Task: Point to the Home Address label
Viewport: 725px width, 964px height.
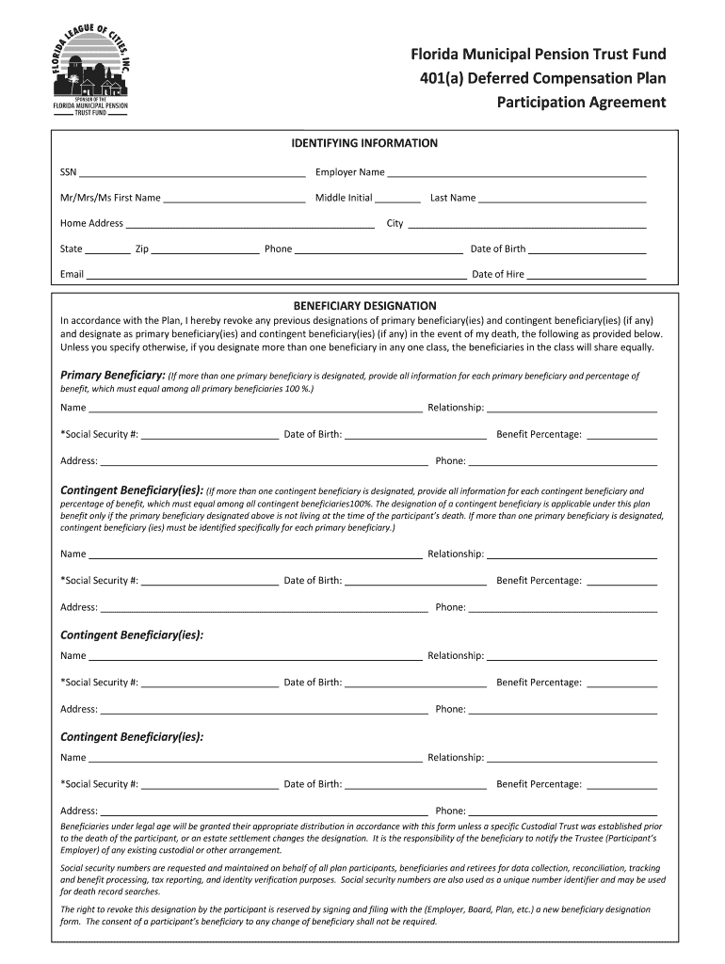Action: [91, 224]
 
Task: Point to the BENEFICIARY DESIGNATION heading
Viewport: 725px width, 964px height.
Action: [364, 306]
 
